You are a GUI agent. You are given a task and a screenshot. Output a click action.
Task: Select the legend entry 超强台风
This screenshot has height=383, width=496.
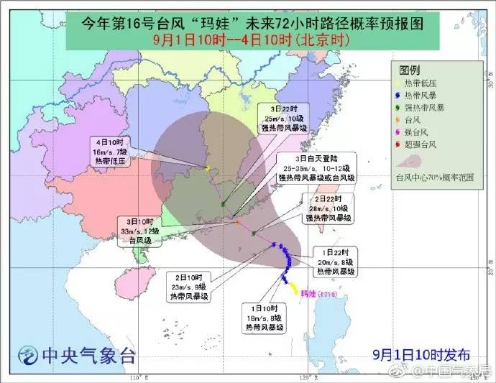click(x=428, y=144)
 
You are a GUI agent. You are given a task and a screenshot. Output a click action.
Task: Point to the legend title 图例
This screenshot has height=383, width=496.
click(x=410, y=70)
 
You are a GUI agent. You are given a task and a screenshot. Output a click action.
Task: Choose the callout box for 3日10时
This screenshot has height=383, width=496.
click(x=142, y=231)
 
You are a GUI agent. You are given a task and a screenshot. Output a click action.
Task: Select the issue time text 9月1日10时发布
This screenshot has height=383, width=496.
click(x=420, y=354)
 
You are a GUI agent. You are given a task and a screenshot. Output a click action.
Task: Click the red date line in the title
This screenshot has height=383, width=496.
click(x=247, y=41)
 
